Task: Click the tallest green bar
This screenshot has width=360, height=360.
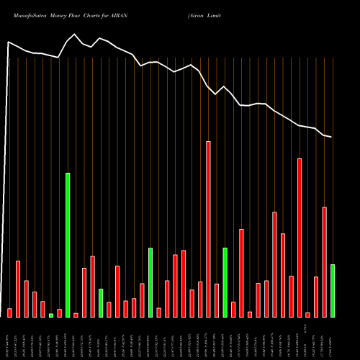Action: pos(68,245)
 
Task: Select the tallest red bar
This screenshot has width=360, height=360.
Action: pos(209,229)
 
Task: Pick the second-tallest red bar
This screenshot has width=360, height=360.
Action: pos(300,238)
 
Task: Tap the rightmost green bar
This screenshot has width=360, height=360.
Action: pos(333,290)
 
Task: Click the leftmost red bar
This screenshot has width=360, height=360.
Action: pos(9,312)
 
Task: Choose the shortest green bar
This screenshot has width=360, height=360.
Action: pos(51,315)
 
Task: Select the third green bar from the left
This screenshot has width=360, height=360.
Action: pos(101,302)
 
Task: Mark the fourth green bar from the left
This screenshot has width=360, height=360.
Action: pos(150,282)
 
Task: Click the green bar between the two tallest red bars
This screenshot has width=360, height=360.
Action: pos(225,282)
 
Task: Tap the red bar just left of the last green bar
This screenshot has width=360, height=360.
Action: pos(324,262)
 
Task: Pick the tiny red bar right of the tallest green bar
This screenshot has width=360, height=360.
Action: pos(76,315)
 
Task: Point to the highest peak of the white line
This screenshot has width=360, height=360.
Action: pos(76,34)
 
